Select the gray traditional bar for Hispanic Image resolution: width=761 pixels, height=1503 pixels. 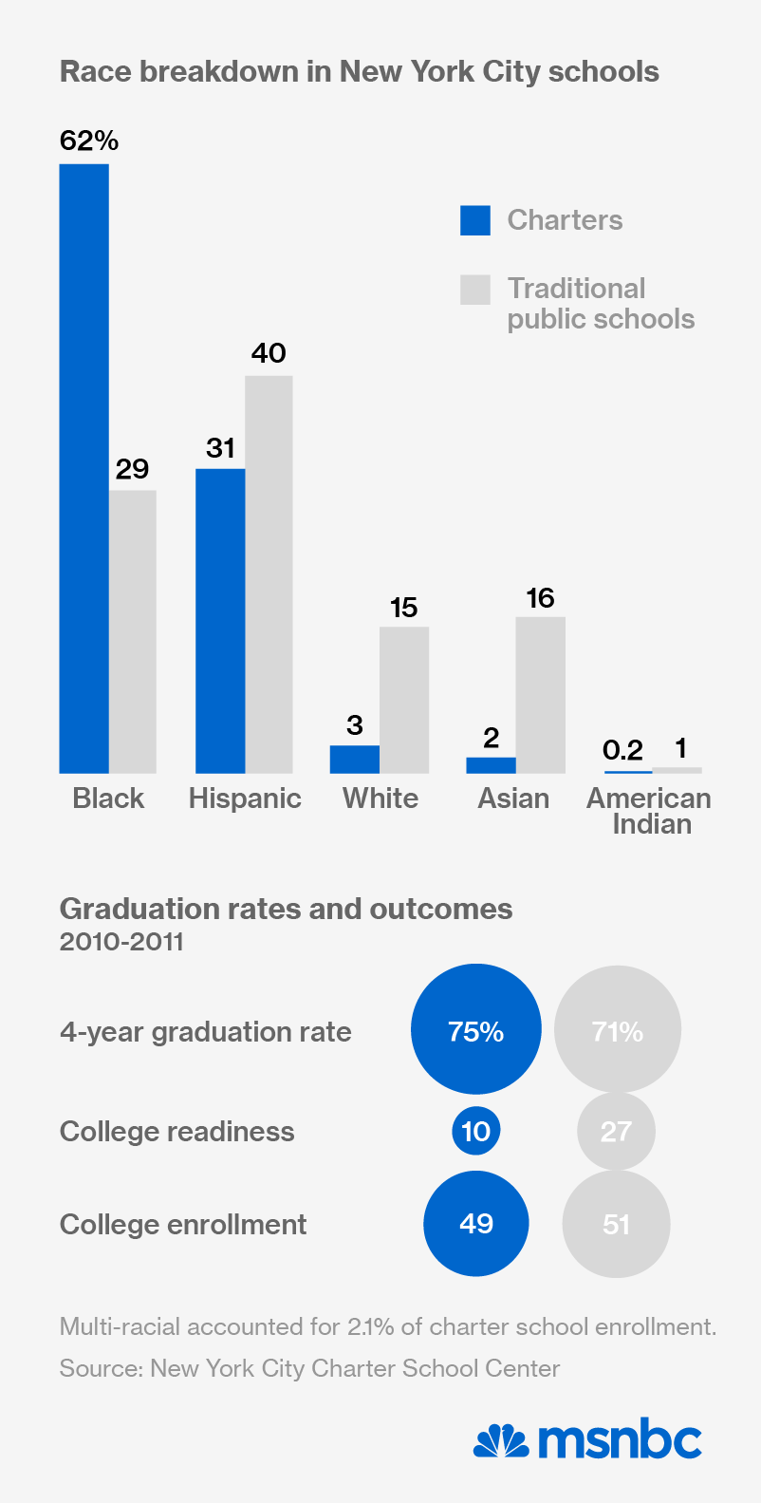point(269,574)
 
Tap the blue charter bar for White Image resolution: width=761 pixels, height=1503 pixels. point(355,760)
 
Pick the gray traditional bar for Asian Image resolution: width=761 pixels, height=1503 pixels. point(541,695)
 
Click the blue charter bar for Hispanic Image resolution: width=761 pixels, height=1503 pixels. point(220,621)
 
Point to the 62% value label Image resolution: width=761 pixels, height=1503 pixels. point(89,141)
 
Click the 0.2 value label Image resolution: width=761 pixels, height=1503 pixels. point(622,751)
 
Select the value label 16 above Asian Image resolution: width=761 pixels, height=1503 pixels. point(540,598)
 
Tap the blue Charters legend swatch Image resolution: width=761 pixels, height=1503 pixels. point(475,220)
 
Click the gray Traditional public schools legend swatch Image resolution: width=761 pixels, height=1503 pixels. point(475,290)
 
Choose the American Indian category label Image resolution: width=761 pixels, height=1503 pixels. point(650,811)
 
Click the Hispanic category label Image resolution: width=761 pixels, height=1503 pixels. point(245,798)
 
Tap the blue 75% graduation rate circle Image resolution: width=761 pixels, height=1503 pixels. point(476,1029)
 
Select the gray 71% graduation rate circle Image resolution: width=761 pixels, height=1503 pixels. point(618,1029)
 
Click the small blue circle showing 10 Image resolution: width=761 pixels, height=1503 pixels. point(476,1131)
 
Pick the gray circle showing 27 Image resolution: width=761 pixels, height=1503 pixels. point(617,1131)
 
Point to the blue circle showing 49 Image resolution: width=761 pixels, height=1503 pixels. point(476,1224)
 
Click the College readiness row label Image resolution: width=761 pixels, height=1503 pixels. point(177,1132)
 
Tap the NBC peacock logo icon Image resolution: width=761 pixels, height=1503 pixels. point(501,1441)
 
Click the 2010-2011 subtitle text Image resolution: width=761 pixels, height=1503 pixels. point(121,942)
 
